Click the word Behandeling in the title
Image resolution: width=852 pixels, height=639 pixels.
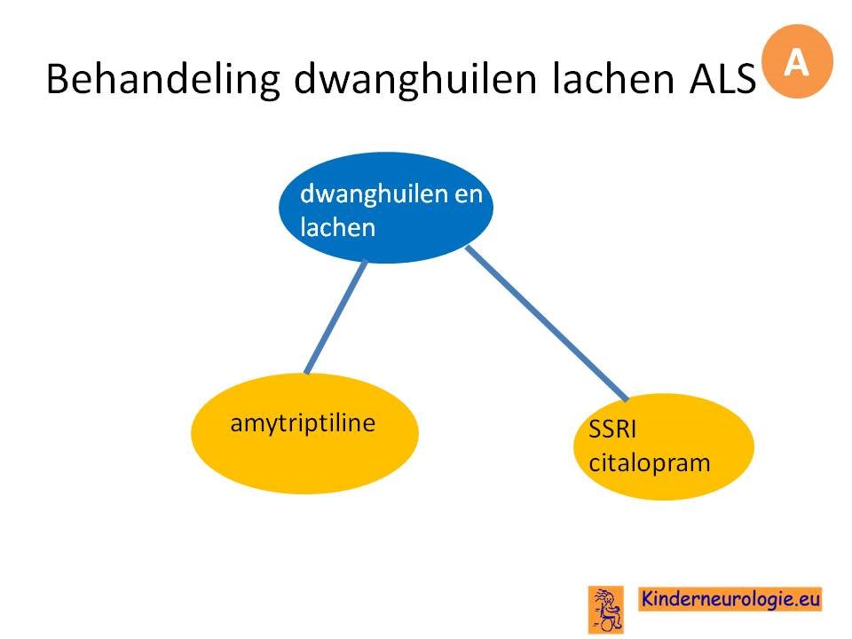(x=163, y=80)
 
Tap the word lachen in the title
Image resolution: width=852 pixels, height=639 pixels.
(x=613, y=79)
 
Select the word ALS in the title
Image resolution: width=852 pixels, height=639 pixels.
(x=722, y=79)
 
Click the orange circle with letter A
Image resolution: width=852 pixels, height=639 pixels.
(x=797, y=61)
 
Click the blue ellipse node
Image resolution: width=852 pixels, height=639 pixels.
(x=386, y=208)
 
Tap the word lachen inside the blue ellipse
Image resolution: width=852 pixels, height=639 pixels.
(x=337, y=227)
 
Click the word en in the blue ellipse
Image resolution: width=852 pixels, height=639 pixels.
(x=469, y=194)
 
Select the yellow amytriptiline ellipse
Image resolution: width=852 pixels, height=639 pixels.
(x=304, y=434)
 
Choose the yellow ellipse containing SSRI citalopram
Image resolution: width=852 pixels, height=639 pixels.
(x=664, y=446)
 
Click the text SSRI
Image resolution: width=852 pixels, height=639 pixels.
(x=612, y=430)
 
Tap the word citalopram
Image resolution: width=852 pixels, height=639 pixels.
(x=650, y=463)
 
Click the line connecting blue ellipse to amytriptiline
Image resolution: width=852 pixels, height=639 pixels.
(x=335, y=318)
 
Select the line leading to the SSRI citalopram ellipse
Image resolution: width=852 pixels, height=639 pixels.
(x=548, y=323)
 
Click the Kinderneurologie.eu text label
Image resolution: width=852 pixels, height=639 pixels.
(x=730, y=599)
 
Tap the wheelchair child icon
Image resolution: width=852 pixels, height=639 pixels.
(x=606, y=610)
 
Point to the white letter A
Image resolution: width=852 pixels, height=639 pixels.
(x=797, y=62)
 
